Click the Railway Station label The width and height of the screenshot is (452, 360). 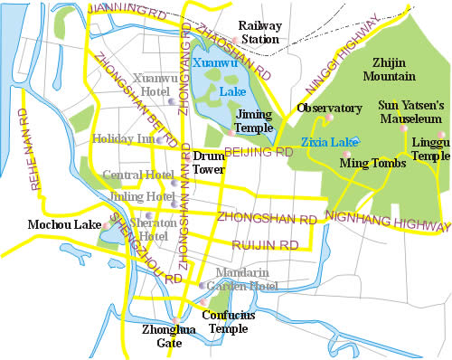point(258,33)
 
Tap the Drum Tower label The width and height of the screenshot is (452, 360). point(209,162)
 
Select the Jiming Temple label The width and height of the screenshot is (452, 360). point(253,122)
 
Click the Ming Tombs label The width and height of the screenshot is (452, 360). point(363,163)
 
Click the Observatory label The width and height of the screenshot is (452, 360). point(330,109)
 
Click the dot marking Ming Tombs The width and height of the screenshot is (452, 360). point(347,154)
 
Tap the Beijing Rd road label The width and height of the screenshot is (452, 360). point(259,154)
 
